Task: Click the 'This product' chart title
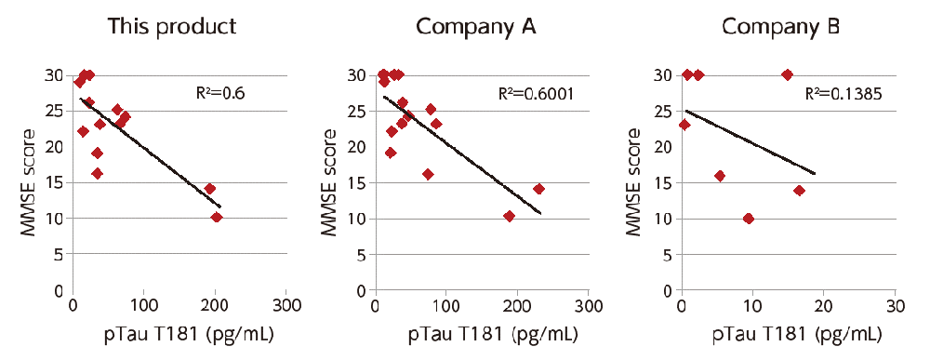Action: (x=171, y=26)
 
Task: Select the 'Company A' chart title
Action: (x=476, y=26)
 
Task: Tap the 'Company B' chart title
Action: (x=780, y=26)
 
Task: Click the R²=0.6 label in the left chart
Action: (x=217, y=93)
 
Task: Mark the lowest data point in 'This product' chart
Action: (x=217, y=218)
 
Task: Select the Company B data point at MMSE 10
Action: (x=749, y=219)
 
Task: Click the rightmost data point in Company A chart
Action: (x=538, y=189)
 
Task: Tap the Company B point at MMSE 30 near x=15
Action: (x=787, y=74)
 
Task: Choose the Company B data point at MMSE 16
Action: (x=720, y=176)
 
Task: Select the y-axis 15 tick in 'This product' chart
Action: (x=58, y=182)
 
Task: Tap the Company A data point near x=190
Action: (x=509, y=216)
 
